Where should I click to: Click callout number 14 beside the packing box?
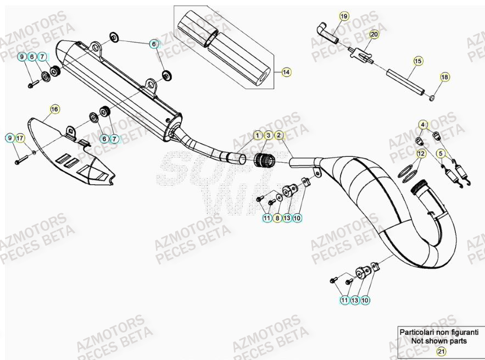[286, 72]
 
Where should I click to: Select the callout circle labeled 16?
[54, 109]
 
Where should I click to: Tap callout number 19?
[344, 16]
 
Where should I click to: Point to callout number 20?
[373, 35]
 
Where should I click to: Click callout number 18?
[444, 77]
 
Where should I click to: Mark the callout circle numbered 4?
[422, 125]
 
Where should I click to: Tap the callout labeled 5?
[441, 153]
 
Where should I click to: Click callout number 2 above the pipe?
[278, 135]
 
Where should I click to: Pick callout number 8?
[277, 218]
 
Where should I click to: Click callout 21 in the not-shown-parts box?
[441, 351]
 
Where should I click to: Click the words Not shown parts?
[441, 341]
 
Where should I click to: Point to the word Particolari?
[417, 333]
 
